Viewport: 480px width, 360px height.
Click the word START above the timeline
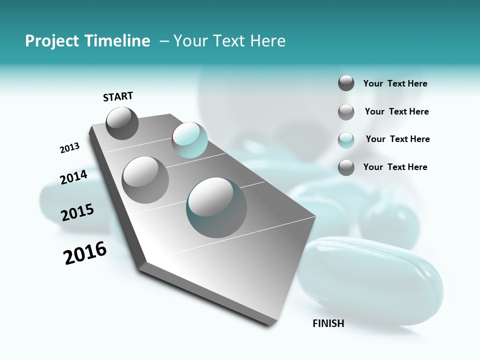tap(118, 96)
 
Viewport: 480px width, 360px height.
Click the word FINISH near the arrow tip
tap(328, 323)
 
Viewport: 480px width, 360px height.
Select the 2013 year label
tap(69, 148)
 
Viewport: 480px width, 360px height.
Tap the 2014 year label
tap(73, 177)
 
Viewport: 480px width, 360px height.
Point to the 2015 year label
tap(77, 212)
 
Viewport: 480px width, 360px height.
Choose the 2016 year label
tap(85, 253)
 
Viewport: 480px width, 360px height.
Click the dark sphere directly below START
tap(122, 123)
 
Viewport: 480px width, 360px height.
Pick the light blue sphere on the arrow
tap(189, 140)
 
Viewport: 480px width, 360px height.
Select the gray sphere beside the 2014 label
tap(145, 180)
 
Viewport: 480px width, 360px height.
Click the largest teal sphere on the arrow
tap(216, 207)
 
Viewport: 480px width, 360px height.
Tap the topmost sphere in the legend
tap(346, 83)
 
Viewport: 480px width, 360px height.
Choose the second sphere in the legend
tap(346, 112)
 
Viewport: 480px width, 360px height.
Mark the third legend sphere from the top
tap(346, 140)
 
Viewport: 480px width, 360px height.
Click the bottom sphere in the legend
tap(346, 167)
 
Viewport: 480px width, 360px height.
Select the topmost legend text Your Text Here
tap(395, 84)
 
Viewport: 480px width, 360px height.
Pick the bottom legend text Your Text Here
tap(395, 167)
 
